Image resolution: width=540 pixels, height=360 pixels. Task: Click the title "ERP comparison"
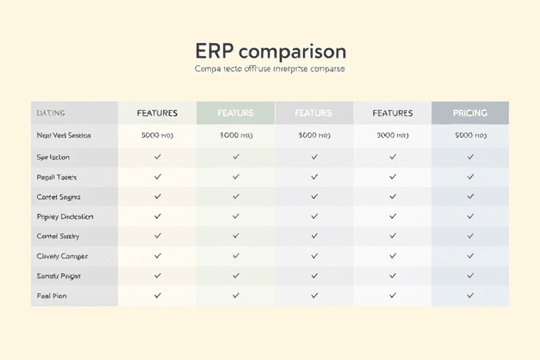(270, 51)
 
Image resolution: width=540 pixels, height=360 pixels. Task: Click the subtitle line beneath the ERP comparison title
(269, 70)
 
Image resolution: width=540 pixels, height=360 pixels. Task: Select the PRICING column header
(470, 112)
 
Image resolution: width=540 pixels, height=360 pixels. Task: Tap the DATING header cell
(51, 112)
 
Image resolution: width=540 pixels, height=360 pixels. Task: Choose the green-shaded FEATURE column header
(236, 112)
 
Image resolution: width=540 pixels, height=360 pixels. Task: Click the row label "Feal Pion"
(51, 296)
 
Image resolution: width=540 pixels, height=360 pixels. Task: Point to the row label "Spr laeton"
(53, 157)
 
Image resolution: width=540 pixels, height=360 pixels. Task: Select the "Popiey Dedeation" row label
(64, 217)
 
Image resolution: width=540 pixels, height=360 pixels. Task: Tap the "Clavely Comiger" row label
(62, 256)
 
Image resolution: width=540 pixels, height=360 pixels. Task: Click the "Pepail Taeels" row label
(56, 177)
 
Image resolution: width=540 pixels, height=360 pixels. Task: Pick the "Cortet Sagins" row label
(58, 197)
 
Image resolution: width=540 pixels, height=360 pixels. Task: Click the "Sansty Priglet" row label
(58, 276)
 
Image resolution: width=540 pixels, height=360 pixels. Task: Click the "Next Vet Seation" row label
(63, 135)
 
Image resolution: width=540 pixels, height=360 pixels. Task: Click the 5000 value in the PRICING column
(470, 135)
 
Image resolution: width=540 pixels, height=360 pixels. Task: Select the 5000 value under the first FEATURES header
(157, 135)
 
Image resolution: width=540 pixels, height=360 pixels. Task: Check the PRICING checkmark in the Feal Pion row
(470, 296)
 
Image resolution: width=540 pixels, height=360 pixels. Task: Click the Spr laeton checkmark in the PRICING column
(470, 157)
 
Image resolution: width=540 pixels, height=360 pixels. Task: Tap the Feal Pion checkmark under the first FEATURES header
(157, 296)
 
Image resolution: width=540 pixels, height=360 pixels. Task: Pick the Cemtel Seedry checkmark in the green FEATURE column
(236, 236)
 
